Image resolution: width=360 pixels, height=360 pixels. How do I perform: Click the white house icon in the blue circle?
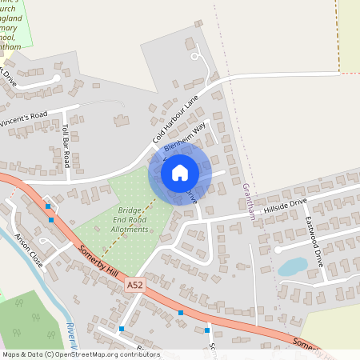[180, 173]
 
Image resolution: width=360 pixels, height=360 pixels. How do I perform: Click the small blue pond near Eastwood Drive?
[294, 266]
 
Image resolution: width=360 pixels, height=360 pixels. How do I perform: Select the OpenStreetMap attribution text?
[80, 354]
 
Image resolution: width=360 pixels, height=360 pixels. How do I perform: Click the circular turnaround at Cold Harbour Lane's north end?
[195, 56]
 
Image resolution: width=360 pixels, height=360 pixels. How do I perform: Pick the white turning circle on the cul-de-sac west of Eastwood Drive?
[279, 250]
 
